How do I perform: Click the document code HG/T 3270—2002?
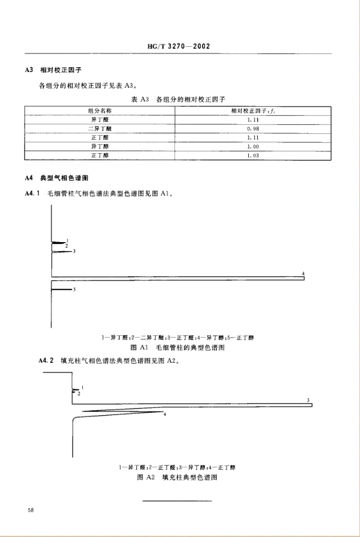point(180,46)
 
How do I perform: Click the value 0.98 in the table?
point(252,129)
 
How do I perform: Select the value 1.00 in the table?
point(252,146)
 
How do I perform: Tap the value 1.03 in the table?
point(252,155)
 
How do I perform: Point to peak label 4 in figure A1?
point(304,274)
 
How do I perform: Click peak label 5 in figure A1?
point(73,290)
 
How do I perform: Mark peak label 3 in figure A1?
point(73,252)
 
